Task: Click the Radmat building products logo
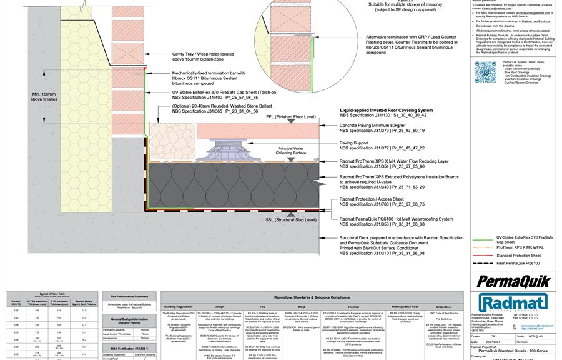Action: point(507,299)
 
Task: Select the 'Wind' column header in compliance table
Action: point(302,307)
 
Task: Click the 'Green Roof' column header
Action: point(444,307)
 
